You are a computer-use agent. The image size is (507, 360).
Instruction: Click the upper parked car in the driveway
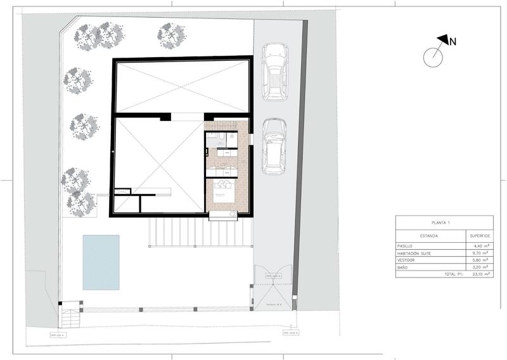275,71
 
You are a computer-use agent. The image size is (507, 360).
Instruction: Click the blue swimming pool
101,262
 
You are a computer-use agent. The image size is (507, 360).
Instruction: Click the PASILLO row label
408,245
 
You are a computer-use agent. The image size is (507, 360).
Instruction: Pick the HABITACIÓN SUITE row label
419,253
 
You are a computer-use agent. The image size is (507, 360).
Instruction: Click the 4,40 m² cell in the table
478,245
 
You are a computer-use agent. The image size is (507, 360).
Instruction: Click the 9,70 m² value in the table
478,253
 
